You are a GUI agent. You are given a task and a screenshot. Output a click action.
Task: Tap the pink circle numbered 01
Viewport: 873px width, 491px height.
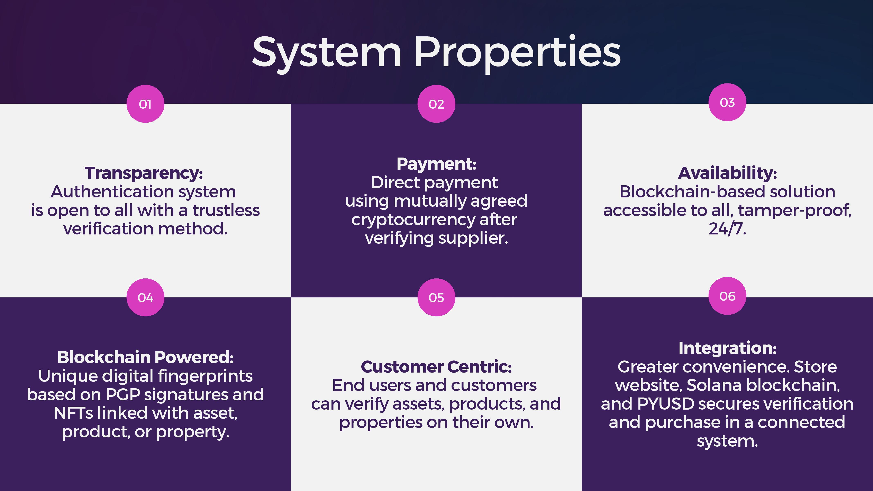[x=145, y=104]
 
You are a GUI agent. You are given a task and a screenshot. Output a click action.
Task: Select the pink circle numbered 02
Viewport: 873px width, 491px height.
[x=436, y=104]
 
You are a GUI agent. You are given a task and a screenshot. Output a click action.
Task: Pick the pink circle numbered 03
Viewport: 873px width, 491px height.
[x=727, y=102]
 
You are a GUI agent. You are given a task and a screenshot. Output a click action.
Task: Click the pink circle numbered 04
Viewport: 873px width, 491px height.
[x=145, y=297]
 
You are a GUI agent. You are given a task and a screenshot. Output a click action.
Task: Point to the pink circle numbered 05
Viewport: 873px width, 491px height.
[x=436, y=297]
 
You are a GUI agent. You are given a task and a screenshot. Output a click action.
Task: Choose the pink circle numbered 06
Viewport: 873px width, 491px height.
[x=727, y=296]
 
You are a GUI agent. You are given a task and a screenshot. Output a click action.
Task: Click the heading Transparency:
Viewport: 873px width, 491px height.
[x=144, y=173]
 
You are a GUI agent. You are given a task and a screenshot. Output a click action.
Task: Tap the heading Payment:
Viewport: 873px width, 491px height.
[x=436, y=164]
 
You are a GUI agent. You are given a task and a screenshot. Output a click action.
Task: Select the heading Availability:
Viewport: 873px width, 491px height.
[x=727, y=173]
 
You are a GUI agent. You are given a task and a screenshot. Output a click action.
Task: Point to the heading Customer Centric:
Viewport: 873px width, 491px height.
[x=436, y=367]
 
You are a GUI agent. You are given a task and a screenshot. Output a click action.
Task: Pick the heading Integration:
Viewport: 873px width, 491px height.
[x=727, y=348]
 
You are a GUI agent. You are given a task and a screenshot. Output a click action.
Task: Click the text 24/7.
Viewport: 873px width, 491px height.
[x=727, y=229]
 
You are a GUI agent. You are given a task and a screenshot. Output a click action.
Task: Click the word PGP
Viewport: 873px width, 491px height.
[x=123, y=394]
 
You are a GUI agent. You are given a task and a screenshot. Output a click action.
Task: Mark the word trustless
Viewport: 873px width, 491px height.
[x=226, y=210]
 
